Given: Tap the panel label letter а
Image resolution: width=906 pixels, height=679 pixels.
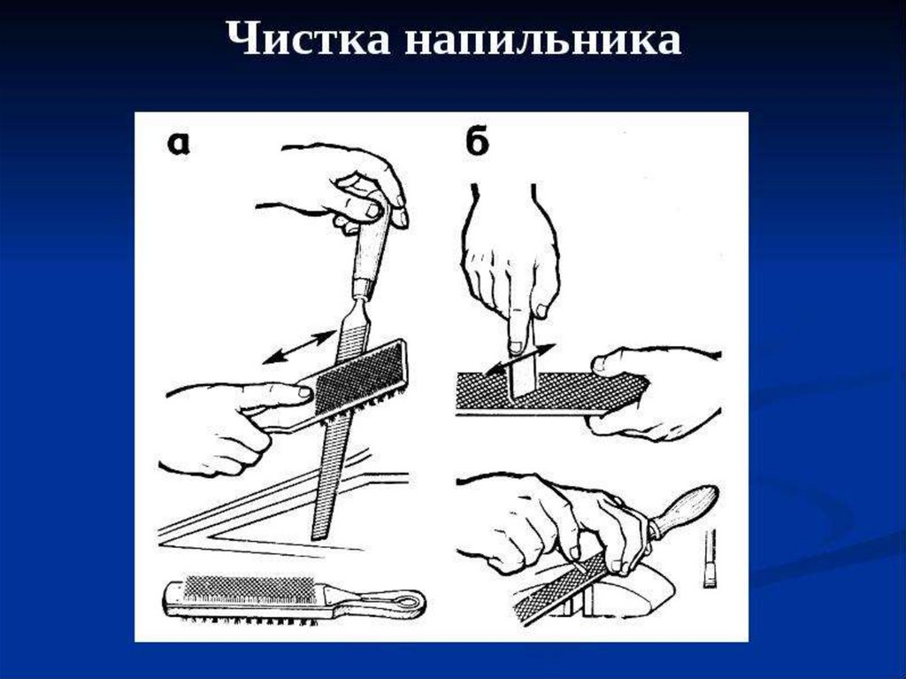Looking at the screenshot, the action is [x=178, y=145].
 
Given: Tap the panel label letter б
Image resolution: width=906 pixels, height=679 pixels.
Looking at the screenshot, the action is [x=476, y=143].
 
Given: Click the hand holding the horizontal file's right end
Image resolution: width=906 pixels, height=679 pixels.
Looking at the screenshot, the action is [x=659, y=390].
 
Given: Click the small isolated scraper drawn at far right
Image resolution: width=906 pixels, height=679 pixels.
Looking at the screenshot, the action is [x=710, y=558].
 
